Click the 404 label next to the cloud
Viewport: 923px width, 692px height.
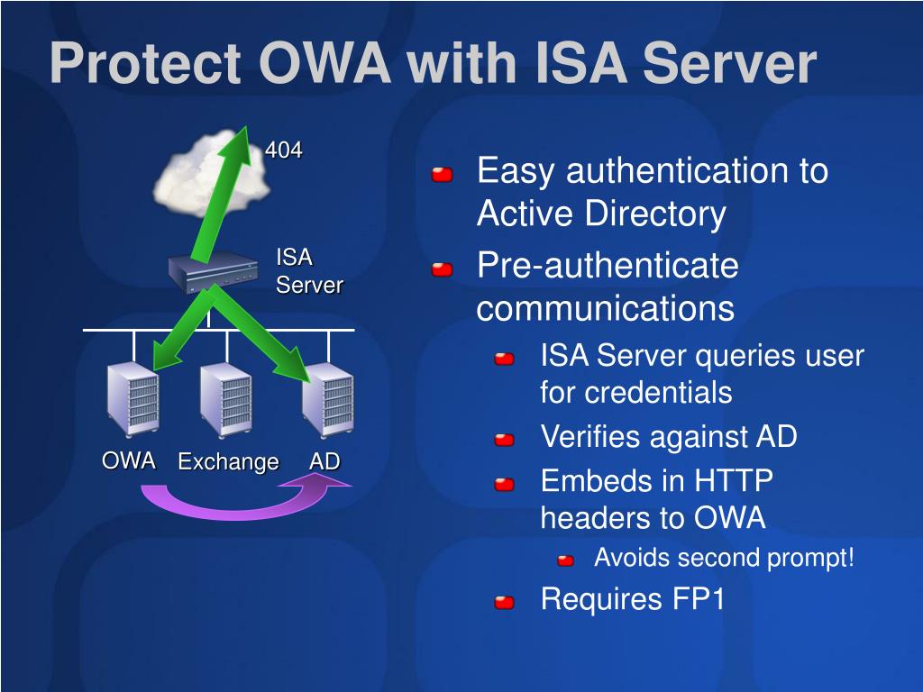[x=283, y=150]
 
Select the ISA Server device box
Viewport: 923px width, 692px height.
[x=213, y=271]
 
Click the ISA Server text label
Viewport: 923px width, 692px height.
[x=309, y=271]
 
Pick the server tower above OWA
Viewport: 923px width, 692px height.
[x=133, y=400]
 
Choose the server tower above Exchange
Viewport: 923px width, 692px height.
[x=226, y=400]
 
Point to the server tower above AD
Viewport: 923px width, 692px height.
[x=328, y=400]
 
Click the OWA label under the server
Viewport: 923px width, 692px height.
[x=128, y=460]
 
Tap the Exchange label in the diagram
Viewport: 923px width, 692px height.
[x=228, y=462]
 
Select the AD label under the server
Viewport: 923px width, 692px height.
[x=324, y=460]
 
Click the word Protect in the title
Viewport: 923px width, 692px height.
[x=146, y=63]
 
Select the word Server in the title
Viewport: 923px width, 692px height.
[x=729, y=63]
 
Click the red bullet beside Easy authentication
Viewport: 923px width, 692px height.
[x=442, y=174]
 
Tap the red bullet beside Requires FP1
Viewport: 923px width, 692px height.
[x=505, y=603]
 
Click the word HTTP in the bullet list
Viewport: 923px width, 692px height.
[x=733, y=481]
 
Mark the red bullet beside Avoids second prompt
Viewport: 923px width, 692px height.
[x=566, y=560]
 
